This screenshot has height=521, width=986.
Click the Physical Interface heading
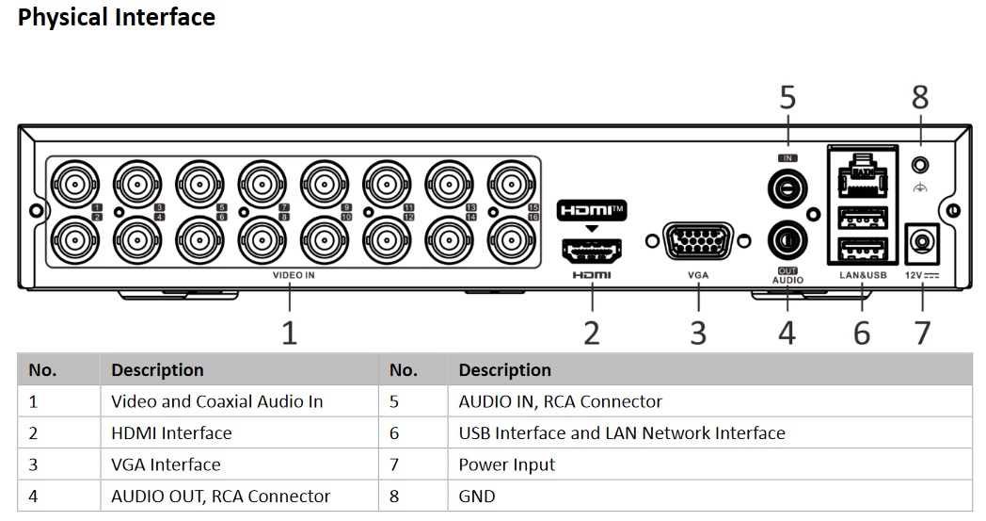click(x=117, y=17)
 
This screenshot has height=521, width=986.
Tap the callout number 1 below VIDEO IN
click(x=290, y=333)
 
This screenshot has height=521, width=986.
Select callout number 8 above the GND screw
click(x=920, y=97)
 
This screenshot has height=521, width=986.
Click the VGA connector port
click(x=699, y=240)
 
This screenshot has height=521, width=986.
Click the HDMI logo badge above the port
click(x=591, y=209)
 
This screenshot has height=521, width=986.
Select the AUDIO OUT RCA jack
click(x=787, y=240)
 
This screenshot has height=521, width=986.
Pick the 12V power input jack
click(x=921, y=244)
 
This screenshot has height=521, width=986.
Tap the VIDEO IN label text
click(x=294, y=276)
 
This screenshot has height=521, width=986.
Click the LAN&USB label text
click(x=863, y=276)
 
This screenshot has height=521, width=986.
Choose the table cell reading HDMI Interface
click(x=171, y=433)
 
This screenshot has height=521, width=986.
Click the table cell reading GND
click(x=476, y=496)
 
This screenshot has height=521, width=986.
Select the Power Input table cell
click(x=506, y=464)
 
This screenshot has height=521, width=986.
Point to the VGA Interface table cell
click(x=166, y=464)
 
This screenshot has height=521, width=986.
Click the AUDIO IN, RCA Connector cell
click(x=561, y=401)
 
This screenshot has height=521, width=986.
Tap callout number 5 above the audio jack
click(x=787, y=97)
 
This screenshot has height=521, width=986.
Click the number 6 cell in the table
click(x=394, y=433)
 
